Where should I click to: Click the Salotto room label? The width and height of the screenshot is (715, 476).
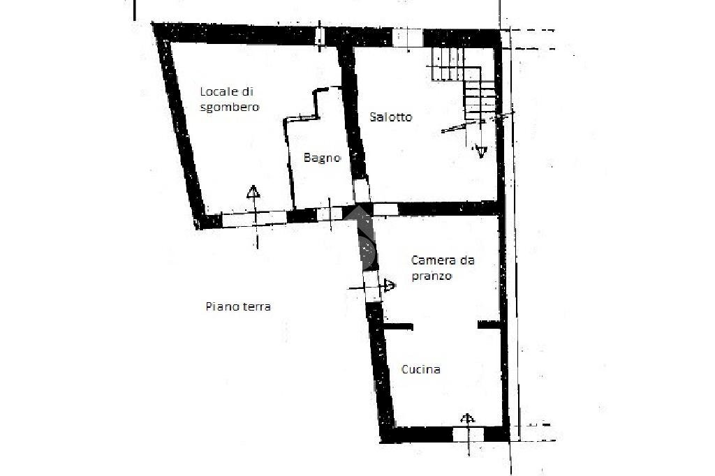[390, 117]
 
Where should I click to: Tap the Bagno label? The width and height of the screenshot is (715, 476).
[322, 158]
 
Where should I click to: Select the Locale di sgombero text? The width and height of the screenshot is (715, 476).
[230, 99]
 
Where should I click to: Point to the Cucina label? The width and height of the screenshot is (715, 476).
[421, 369]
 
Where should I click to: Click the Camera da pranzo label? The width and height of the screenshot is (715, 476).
[443, 268]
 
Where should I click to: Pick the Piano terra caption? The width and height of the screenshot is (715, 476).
[238, 306]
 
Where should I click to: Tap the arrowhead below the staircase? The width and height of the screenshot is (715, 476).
[480, 150]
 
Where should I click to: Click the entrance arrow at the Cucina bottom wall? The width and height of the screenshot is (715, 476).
[467, 419]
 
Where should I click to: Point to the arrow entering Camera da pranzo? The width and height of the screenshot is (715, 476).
[389, 285]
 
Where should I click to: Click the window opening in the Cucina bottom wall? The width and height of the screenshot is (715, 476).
[467, 434]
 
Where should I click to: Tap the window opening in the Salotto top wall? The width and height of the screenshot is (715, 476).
[406, 37]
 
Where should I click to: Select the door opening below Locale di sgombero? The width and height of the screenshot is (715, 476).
[254, 219]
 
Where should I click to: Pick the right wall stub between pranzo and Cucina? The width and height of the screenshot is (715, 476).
[489, 325]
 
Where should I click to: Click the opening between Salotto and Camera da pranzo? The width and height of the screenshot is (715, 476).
[385, 209]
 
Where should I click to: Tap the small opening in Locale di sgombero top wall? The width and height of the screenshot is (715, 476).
[320, 35]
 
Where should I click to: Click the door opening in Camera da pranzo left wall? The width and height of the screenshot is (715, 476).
[372, 285]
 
